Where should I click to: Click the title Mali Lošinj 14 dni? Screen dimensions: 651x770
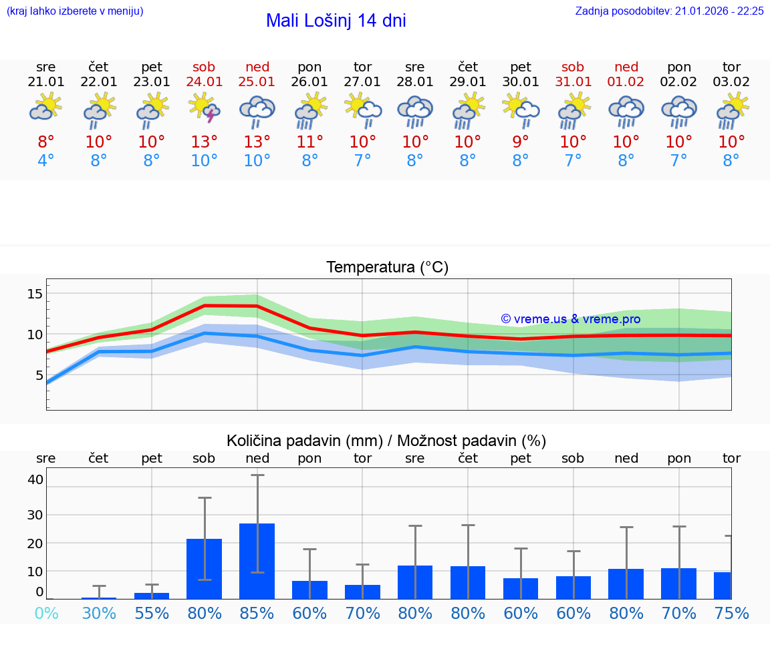(x=336, y=21)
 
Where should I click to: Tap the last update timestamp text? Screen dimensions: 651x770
(x=669, y=11)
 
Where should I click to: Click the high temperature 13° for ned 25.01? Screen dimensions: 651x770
(x=257, y=142)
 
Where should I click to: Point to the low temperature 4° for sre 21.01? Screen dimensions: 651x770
(x=46, y=161)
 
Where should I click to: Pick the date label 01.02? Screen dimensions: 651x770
(x=626, y=82)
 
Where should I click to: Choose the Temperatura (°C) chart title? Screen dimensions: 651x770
(x=387, y=267)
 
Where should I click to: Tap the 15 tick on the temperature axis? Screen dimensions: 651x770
(x=35, y=294)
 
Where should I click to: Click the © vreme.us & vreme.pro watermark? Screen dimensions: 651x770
(x=570, y=319)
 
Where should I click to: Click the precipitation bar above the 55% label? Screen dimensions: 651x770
(x=152, y=596)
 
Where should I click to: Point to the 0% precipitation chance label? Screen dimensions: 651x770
(x=46, y=613)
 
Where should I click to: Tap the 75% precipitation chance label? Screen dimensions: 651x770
(x=731, y=613)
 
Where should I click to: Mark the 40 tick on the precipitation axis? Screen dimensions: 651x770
(x=35, y=479)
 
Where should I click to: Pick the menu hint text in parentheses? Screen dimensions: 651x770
(x=75, y=11)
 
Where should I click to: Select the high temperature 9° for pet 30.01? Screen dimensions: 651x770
(x=521, y=142)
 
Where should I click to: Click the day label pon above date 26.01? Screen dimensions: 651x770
(x=309, y=67)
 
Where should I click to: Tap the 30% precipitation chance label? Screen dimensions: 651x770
(x=99, y=613)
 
